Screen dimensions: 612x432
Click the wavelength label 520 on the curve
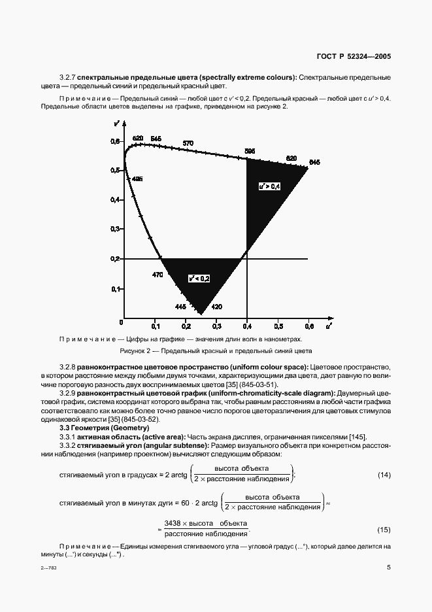(x=137, y=138)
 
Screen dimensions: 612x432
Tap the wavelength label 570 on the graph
(x=188, y=143)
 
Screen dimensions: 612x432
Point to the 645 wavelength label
(x=314, y=162)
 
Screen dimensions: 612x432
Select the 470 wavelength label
(x=158, y=275)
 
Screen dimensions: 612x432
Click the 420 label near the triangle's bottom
(x=217, y=307)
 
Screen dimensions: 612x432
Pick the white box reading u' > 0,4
(x=269, y=186)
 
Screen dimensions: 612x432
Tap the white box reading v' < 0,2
(x=199, y=279)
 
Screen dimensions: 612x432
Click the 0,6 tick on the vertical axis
(x=115, y=141)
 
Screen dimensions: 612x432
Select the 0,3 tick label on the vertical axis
(x=115, y=229)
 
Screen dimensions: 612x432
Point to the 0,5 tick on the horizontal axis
(x=278, y=325)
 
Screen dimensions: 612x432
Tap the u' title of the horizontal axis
(x=329, y=324)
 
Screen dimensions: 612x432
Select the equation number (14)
(x=384, y=474)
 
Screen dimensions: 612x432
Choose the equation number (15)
(x=384, y=528)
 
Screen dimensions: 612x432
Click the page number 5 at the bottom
(x=388, y=568)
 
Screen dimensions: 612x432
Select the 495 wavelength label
(x=137, y=178)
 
